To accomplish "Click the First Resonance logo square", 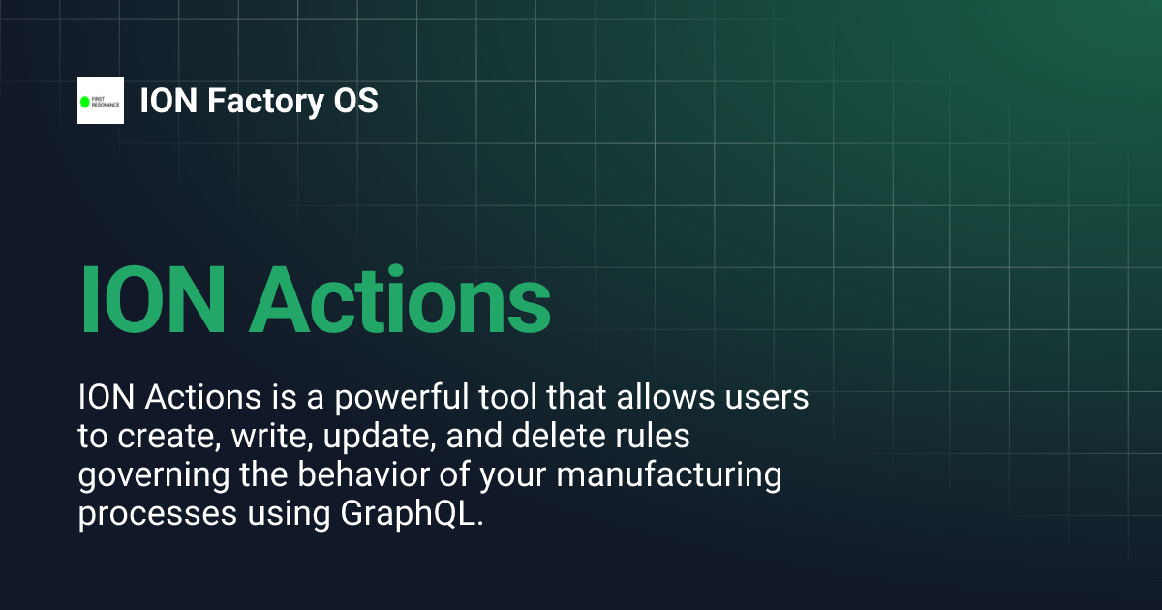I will click(x=101, y=101).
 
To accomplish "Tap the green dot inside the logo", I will click(x=84, y=102).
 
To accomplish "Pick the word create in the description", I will click(x=167, y=437).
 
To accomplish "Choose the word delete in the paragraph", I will click(x=565, y=437).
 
